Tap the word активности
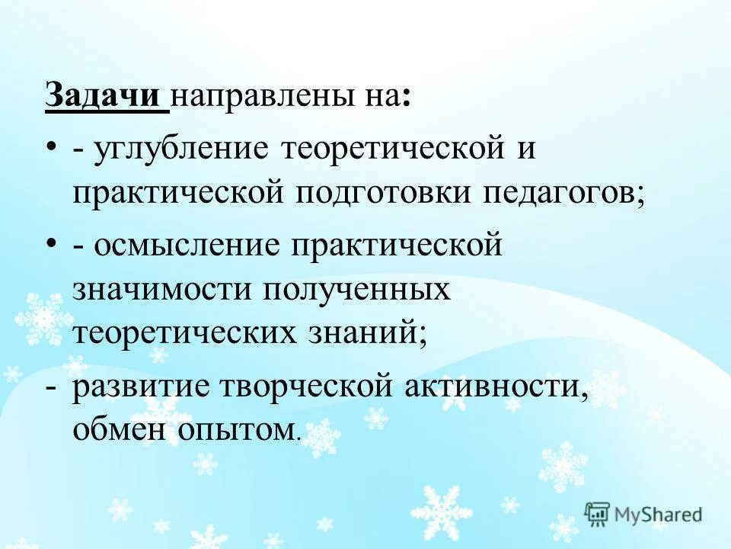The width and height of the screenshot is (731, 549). click(x=500, y=387)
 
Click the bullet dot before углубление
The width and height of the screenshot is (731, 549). click(x=51, y=146)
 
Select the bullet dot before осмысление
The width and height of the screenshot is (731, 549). click(x=51, y=244)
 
